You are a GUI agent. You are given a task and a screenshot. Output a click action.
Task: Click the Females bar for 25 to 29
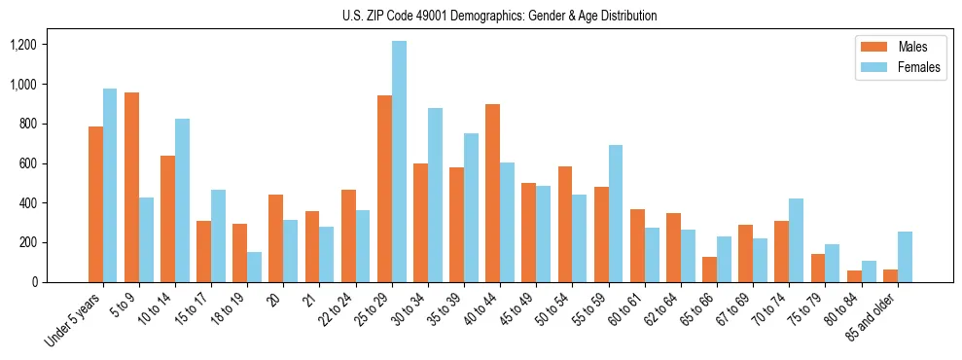click(399, 162)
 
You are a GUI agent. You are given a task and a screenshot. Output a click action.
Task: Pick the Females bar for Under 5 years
click(110, 185)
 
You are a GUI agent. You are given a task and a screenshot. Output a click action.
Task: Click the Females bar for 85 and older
click(905, 257)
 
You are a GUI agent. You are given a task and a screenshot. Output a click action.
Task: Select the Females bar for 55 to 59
click(615, 213)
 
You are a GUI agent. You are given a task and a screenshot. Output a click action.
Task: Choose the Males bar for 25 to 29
click(384, 189)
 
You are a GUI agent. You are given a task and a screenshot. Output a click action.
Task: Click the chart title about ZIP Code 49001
click(499, 16)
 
